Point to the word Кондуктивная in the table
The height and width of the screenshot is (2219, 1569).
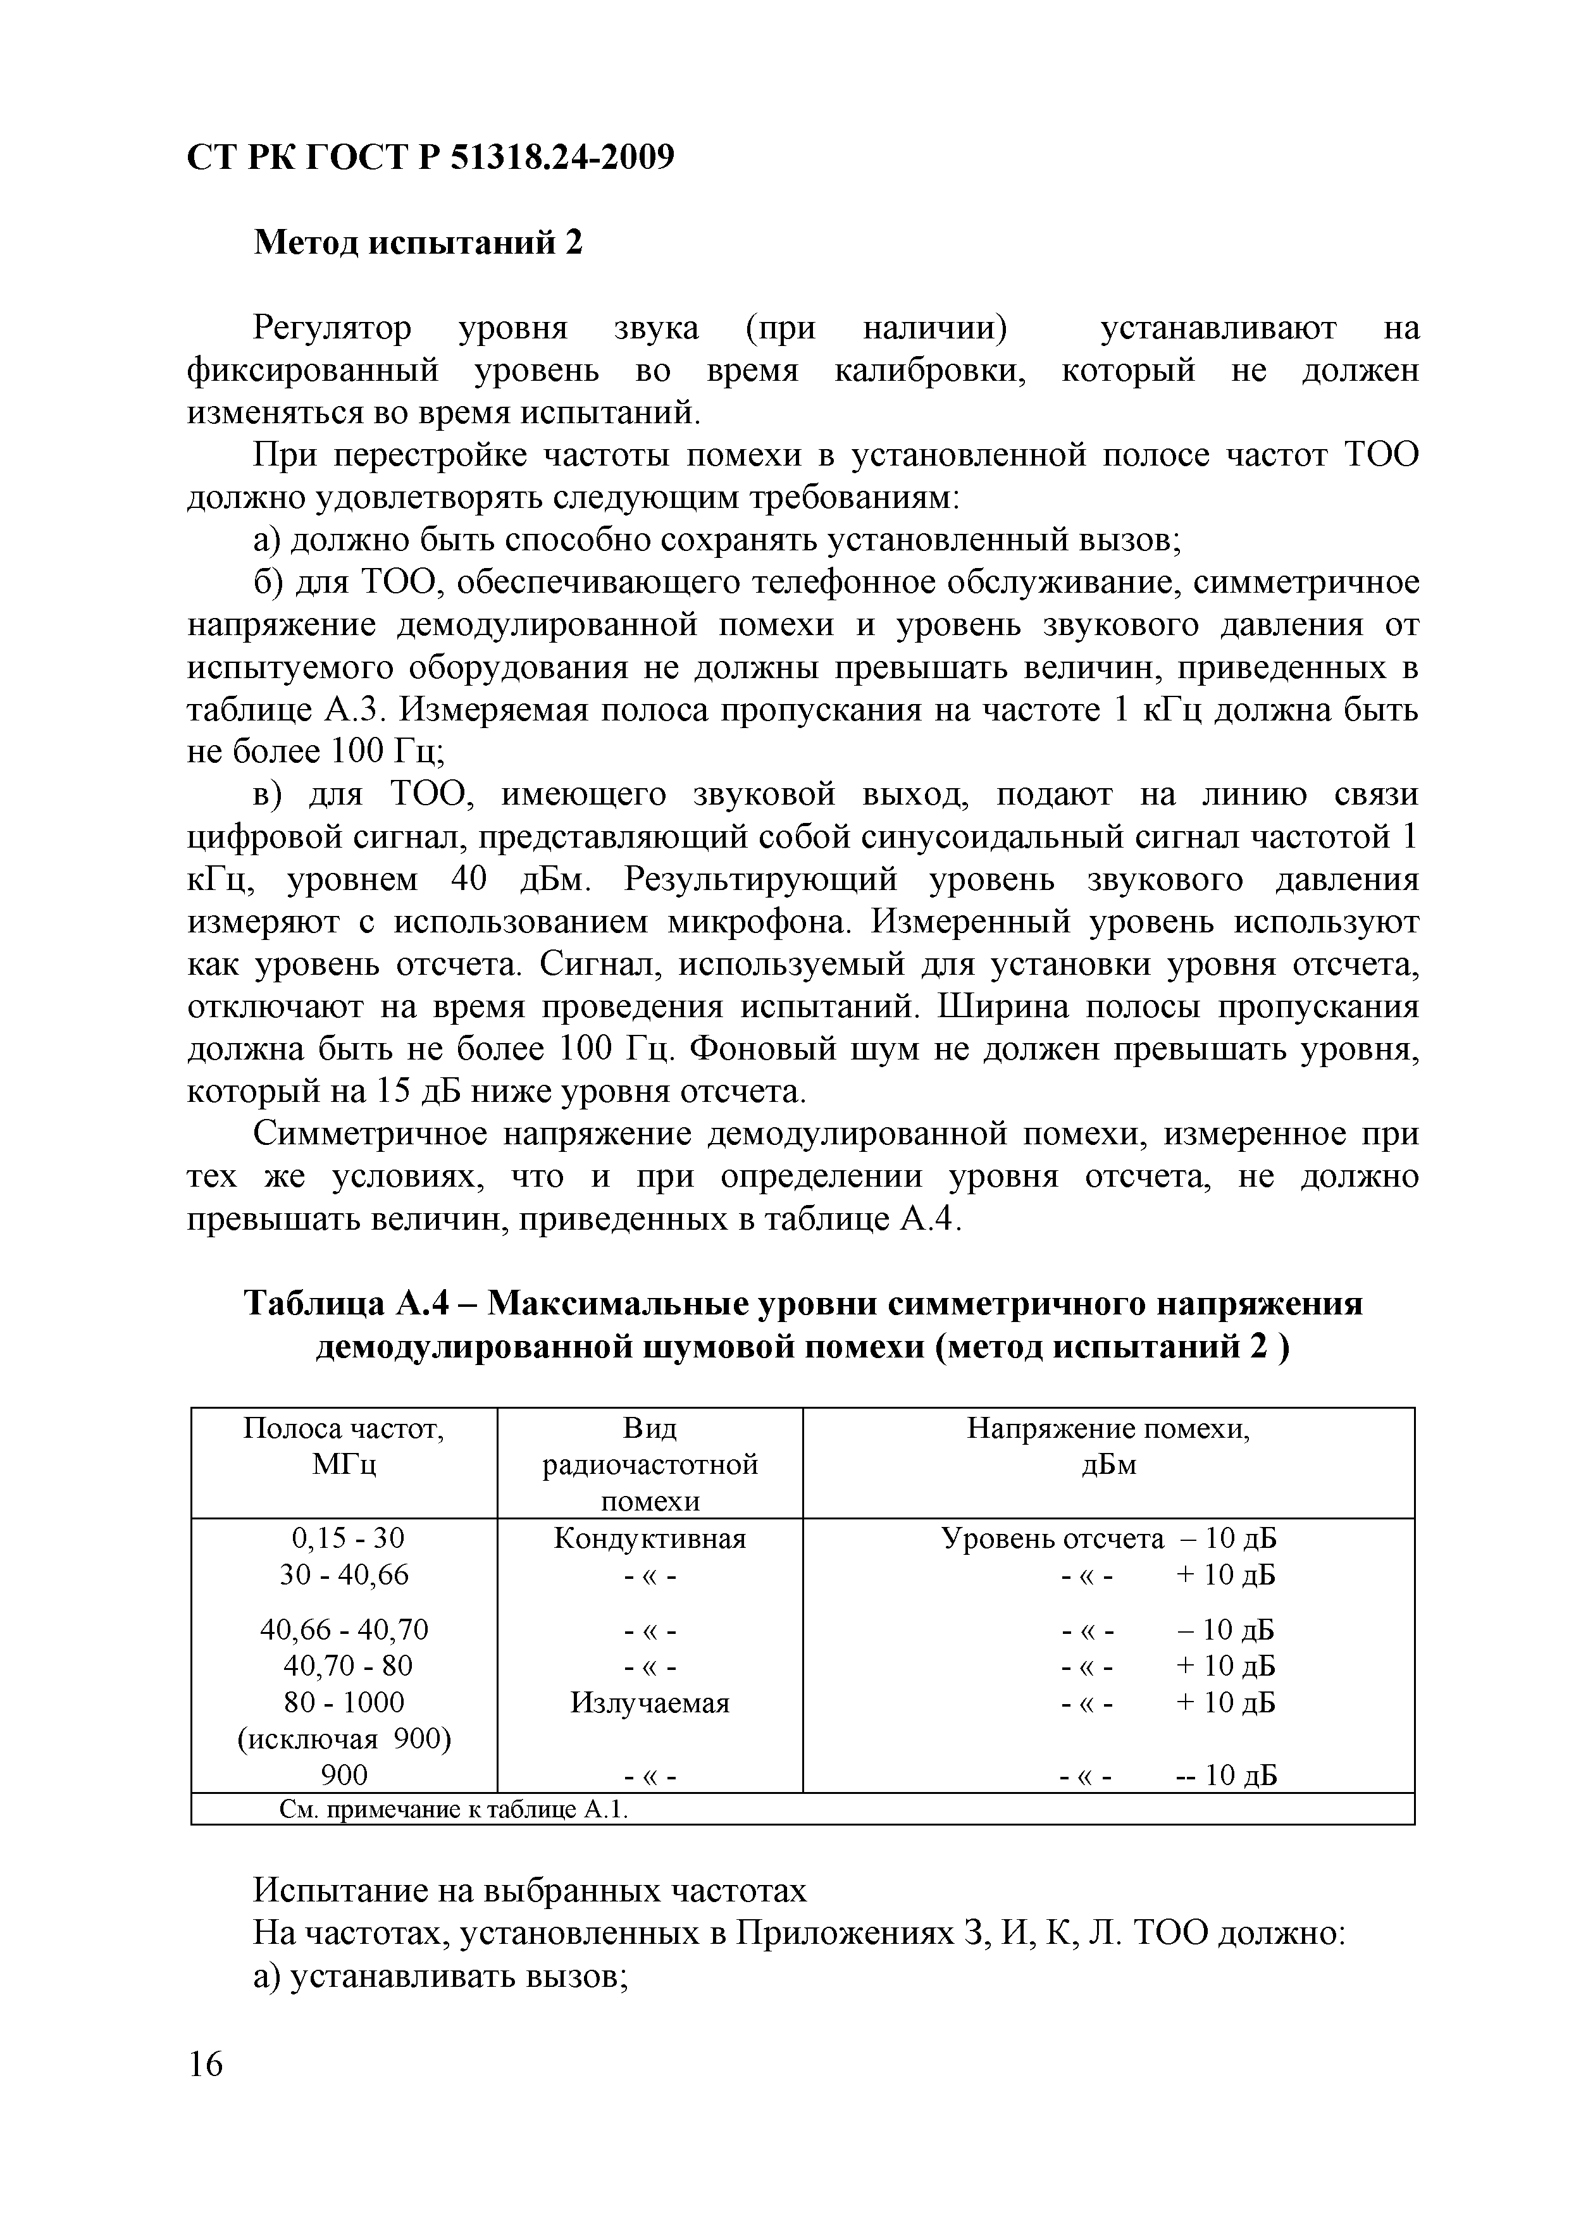tap(650, 1538)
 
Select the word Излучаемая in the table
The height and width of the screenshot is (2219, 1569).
tap(650, 1703)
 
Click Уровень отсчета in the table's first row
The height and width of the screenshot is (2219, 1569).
tap(1052, 1538)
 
